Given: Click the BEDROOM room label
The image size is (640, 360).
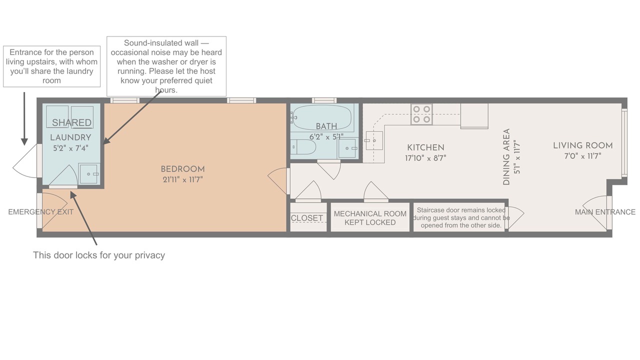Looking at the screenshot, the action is click(x=183, y=169).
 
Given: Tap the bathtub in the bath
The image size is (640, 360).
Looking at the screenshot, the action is click(x=322, y=117).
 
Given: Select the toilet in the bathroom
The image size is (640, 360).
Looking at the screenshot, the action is click(x=303, y=147).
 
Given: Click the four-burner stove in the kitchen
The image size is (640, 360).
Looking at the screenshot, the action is click(x=421, y=114).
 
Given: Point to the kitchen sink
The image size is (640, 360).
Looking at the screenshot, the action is click(x=374, y=140).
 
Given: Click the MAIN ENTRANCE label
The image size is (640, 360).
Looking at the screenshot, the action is click(x=605, y=212).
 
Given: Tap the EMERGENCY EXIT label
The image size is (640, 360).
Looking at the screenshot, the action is click(x=41, y=212).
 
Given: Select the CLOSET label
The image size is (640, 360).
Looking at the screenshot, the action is click(x=307, y=218).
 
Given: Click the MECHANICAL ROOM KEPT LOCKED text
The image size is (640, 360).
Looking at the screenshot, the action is click(x=370, y=218).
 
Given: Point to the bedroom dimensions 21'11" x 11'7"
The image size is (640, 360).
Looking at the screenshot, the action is click(x=183, y=179).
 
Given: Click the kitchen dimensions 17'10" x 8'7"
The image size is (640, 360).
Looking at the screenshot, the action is click(x=425, y=158).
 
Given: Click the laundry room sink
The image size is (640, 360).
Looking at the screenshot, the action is click(x=89, y=173).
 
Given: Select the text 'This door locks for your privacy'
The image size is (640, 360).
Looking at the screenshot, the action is click(x=99, y=255).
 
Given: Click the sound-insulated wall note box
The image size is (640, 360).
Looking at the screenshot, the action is click(x=166, y=66).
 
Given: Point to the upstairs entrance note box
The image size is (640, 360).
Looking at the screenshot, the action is click(x=51, y=66).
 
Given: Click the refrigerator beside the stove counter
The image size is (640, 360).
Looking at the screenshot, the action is click(x=474, y=115).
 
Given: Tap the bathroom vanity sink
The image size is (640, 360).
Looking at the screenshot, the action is click(x=348, y=148).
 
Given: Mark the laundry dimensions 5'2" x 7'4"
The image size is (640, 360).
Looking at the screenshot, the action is click(x=70, y=148).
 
